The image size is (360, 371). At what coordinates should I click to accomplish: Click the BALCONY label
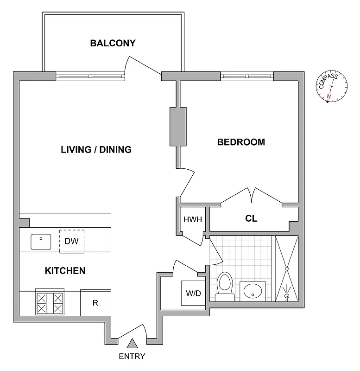pyautogui.click(x=113, y=43)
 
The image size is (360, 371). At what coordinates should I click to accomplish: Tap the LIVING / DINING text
pyautogui.click(x=96, y=149)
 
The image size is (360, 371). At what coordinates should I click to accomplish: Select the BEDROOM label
pyautogui.click(x=241, y=142)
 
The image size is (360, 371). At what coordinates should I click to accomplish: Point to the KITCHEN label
pyautogui.click(x=65, y=271)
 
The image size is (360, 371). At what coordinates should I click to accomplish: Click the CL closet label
pyautogui.click(x=251, y=218)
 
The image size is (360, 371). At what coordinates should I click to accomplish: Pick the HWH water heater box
pyautogui.click(x=193, y=220)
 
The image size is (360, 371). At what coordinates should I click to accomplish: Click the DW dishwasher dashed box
pyautogui.click(x=72, y=241)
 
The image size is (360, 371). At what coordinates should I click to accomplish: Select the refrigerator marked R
pyautogui.click(x=95, y=303)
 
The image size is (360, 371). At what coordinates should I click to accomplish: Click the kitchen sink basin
pyautogui.click(x=41, y=241)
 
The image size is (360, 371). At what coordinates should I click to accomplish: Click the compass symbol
pyautogui.click(x=332, y=86)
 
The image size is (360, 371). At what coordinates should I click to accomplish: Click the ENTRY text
pyautogui.click(x=132, y=357)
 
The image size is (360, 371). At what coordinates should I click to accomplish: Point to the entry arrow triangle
pyautogui.click(x=133, y=343)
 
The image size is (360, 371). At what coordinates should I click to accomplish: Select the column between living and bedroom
pyautogui.click(x=178, y=126)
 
